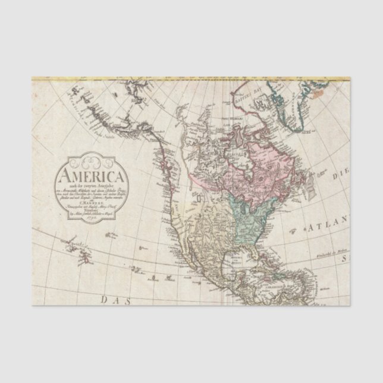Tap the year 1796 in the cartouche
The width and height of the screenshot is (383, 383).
tap(90, 219)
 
